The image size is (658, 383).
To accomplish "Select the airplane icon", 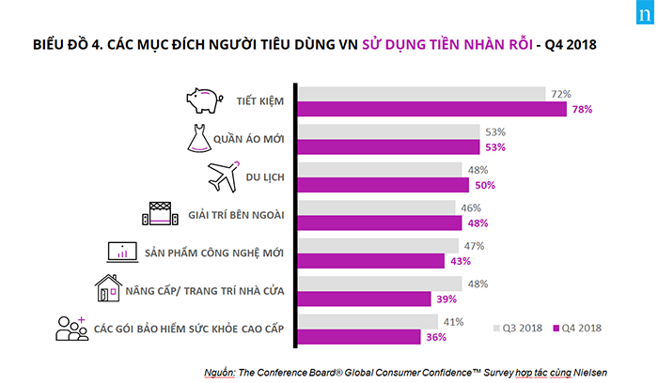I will tap(222, 176).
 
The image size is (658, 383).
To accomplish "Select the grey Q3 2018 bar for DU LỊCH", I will tap(380, 169).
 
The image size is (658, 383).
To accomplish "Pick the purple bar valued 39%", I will tap(364, 298).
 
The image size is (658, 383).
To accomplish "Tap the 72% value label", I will tap(561, 93).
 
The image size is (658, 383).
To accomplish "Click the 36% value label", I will tap(433, 336).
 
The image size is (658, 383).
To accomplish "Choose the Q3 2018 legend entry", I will tap(518, 328).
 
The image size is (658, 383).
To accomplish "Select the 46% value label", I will tap(471, 207).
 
